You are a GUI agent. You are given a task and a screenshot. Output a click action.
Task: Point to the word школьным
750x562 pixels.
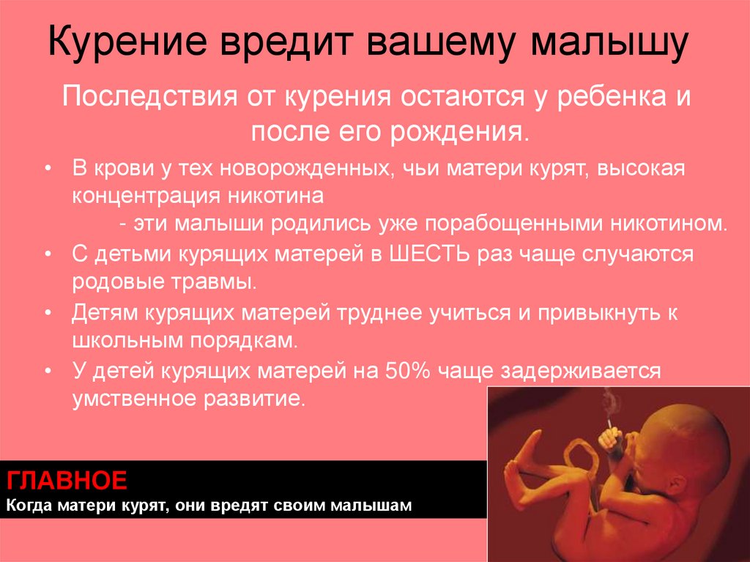121,339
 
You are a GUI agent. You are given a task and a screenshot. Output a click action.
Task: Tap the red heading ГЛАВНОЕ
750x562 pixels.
67,481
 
